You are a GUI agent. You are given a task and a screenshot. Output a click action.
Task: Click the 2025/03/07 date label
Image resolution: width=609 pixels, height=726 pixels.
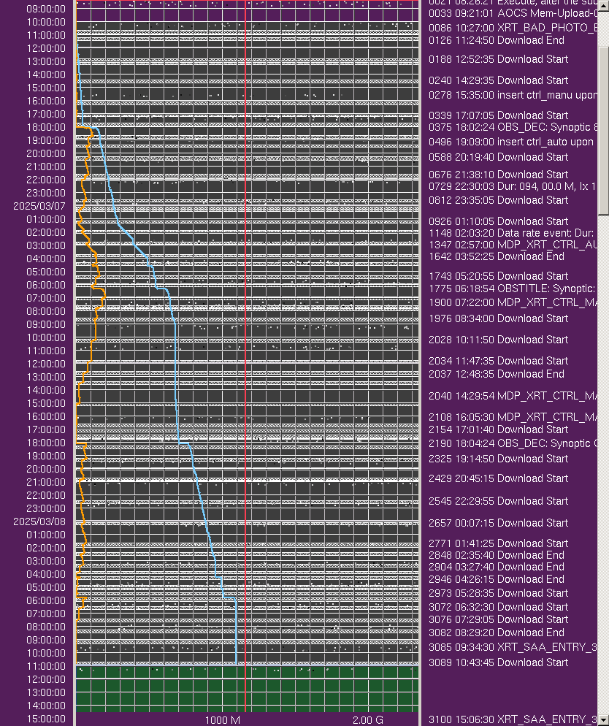(x=39, y=206)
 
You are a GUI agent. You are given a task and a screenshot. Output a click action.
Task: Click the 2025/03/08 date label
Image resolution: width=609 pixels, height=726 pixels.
(x=39, y=521)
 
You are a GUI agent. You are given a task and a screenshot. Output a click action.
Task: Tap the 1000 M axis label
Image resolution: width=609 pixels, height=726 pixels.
(x=222, y=719)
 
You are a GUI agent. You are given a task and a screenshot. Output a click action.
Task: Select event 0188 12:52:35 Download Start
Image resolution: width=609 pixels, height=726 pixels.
(x=498, y=59)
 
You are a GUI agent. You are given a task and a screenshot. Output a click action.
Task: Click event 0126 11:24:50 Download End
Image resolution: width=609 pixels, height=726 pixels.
(x=497, y=40)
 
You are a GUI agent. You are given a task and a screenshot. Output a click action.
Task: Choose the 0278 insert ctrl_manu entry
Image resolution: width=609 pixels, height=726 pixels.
(x=511, y=95)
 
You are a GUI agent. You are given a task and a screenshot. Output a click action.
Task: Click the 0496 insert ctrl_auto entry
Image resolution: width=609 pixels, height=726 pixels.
(x=511, y=142)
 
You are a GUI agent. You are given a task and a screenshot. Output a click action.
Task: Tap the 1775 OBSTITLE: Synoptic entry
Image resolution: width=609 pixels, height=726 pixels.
(x=512, y=289)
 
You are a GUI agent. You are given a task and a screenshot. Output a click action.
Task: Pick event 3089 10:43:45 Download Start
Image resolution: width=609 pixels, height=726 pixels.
(x=498, y=662)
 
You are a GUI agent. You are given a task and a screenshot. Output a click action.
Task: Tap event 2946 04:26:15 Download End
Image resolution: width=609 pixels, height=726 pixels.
(x=497, y=579)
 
